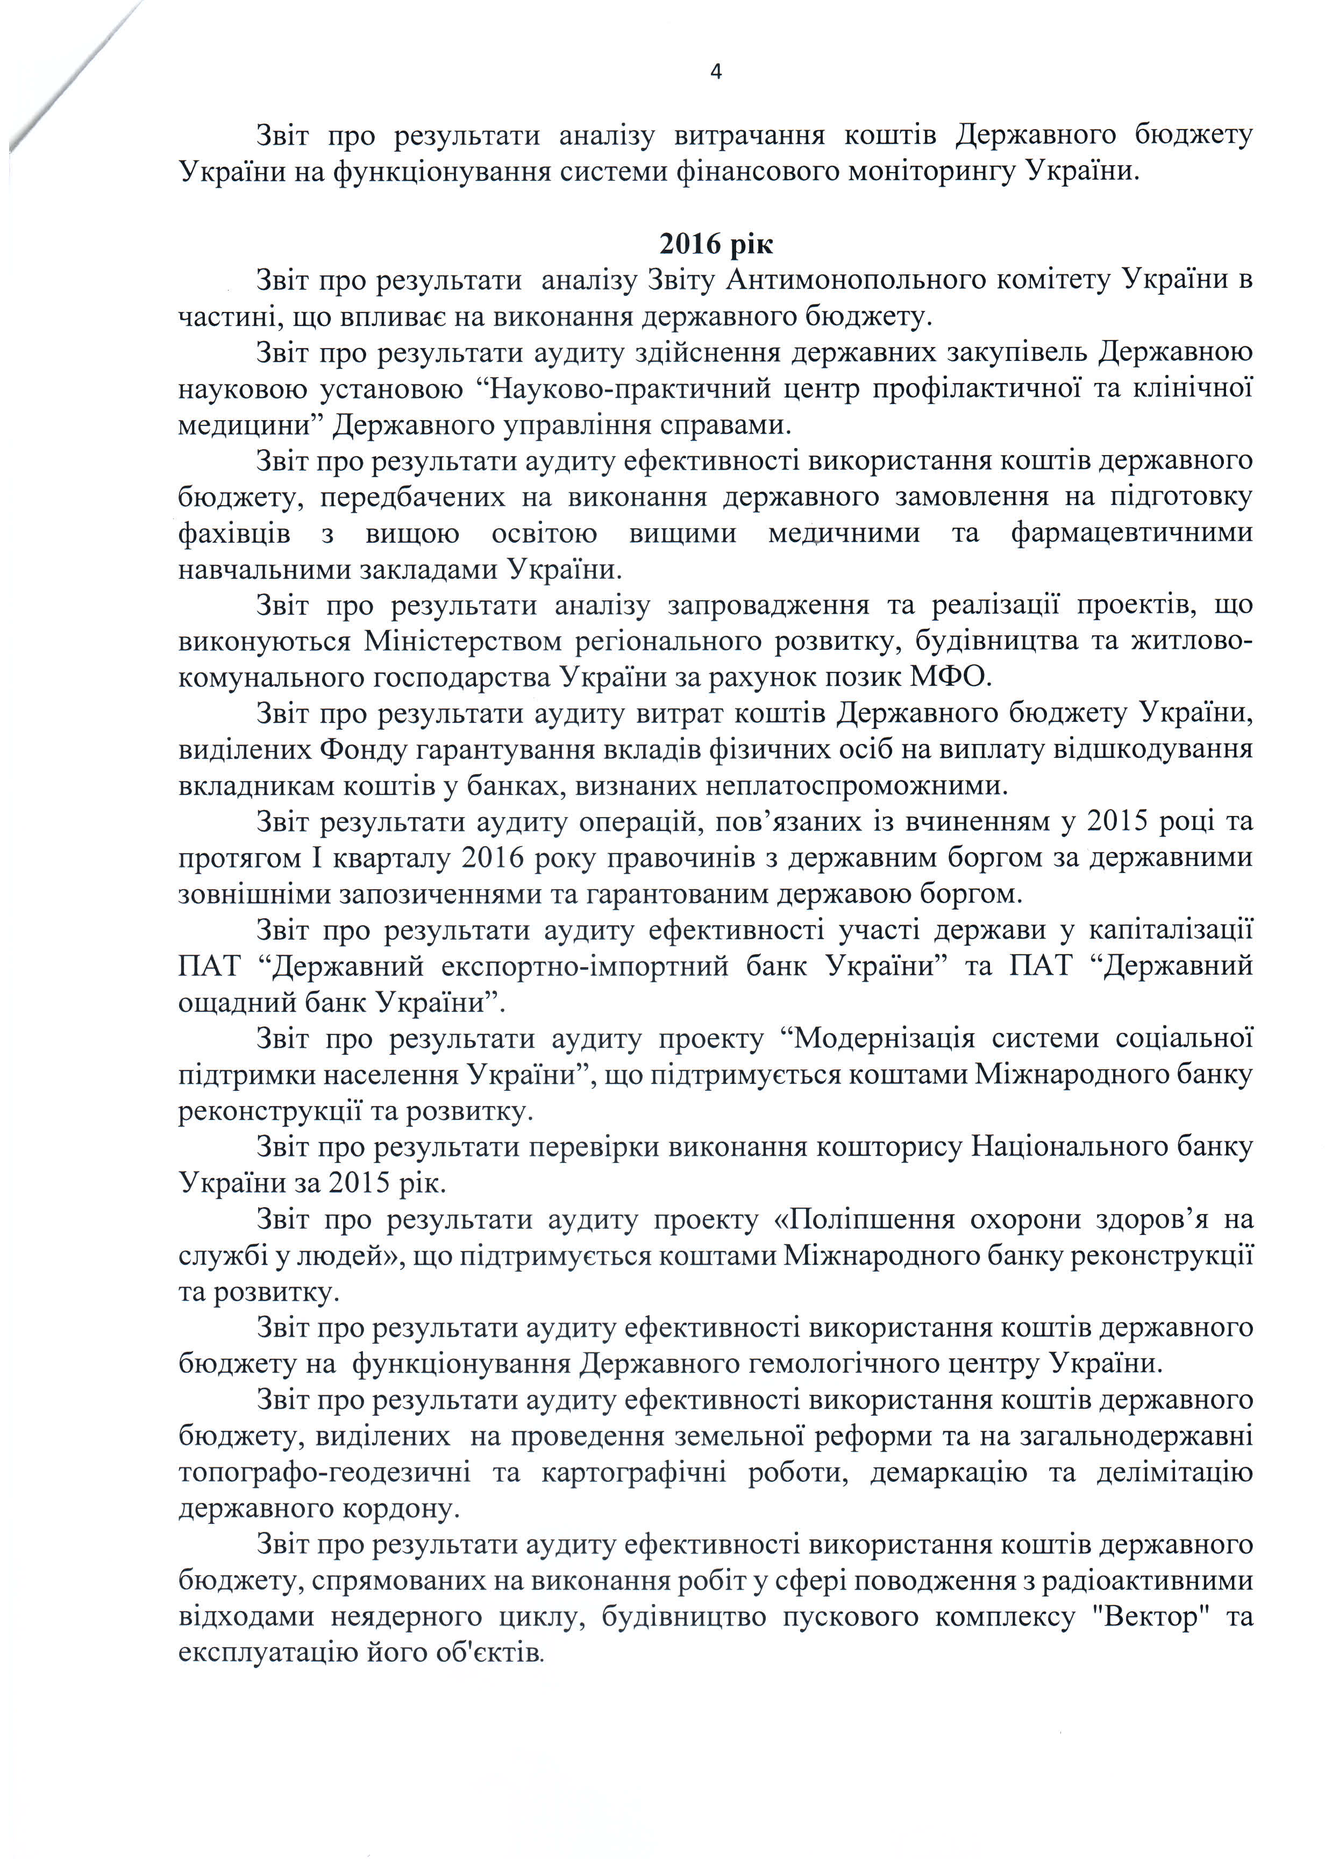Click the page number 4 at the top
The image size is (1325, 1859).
[x=716, y=73]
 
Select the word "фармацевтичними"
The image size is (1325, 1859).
[x=1131, y=534]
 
